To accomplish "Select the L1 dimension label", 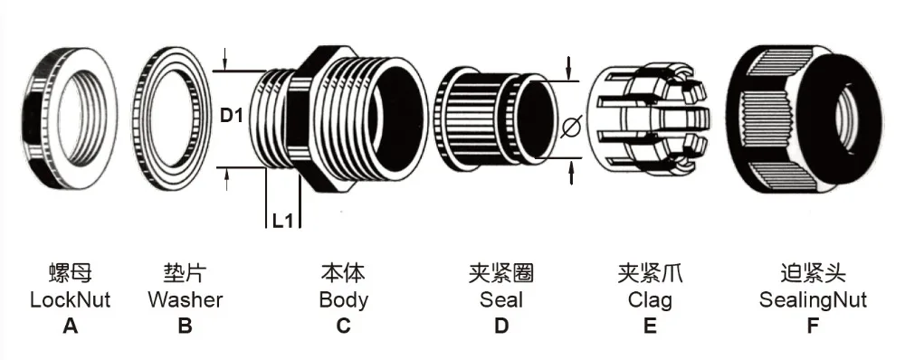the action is click(x=283, y=218).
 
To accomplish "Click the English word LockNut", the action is click(x=70, y=299).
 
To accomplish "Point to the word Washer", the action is click(x=185, y=299).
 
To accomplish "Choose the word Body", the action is click(x=343, y=299).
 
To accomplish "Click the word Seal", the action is click(x=501, y=299).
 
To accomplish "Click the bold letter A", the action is click(x=70, y=326).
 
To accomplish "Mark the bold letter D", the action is click(x=501, y=326).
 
